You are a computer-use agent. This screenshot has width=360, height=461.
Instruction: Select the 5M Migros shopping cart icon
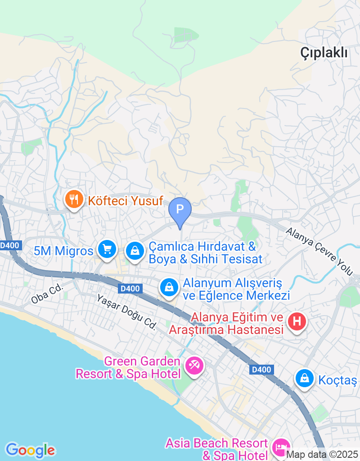point(107,249)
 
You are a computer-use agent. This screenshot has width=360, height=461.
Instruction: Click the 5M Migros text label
point(63,251)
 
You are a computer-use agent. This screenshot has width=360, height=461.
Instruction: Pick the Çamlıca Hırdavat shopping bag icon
point(135,251)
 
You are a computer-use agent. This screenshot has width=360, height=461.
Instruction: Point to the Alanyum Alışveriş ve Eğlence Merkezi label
point(236,289)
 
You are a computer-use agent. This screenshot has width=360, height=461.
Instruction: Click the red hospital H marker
point(297,322)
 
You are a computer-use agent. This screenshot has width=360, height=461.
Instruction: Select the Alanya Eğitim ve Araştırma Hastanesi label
point(226,324)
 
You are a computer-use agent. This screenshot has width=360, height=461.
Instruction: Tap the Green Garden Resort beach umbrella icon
point(194,365)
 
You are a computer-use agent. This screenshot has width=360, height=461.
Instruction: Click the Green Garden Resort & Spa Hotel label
point(128,367)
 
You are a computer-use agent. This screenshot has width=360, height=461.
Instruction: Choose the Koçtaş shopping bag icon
point(305,379)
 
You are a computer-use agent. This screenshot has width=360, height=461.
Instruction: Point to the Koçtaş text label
point(337,380)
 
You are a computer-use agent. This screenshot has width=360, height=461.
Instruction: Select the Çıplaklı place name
point(324,53)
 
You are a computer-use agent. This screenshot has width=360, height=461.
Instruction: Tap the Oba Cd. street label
point(46,294)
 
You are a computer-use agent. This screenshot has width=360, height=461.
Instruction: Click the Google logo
point(30,450)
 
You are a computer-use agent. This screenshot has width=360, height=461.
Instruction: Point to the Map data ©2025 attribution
point(322,455)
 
